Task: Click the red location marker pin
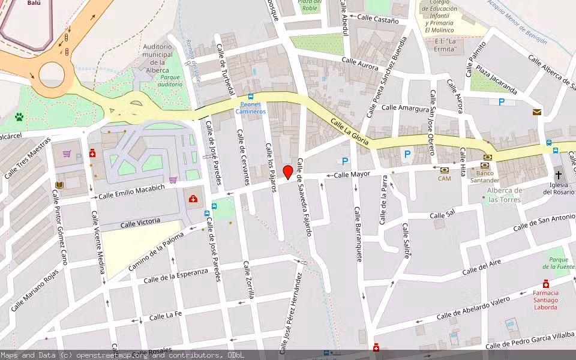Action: pos(288,172)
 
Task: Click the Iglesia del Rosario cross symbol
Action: pos(559,175)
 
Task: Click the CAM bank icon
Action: pos(444,170)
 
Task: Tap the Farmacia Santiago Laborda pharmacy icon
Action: pos(545,284)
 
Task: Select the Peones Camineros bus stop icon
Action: pos(250,97)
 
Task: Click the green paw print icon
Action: pos(20,117)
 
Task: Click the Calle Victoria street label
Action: pos(140,223)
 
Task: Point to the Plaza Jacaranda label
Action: pos(497,79)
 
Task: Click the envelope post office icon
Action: pos(536,112)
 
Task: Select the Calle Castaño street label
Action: pos(378,20)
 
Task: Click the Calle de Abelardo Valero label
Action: pos(473,308)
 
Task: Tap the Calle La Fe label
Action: pos(165,316)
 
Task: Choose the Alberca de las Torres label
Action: pos(505,195)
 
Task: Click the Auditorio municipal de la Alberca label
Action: pos(157,58)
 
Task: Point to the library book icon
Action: pos(59,185)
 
